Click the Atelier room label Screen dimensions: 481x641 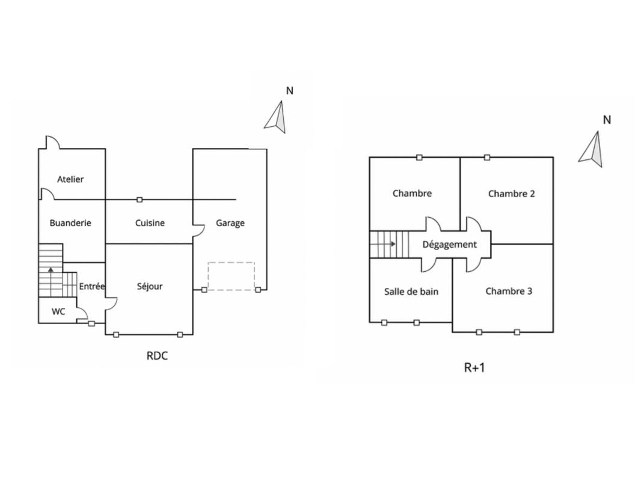[70, 179]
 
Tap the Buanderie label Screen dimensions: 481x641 [70, 223]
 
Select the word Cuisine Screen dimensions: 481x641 [150, 223]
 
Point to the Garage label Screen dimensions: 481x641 [230, 223]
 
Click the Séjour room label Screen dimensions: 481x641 [150, 286]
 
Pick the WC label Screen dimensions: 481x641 [58, 311]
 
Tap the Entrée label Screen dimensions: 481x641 [92, 286]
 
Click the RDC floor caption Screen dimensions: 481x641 [157, 355]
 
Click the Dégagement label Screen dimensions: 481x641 [449, 244]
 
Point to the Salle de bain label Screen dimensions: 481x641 [411, 292]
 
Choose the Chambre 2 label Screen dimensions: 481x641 [511, 194]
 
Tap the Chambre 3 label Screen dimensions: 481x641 [509, 292]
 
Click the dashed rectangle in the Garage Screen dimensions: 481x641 [232, 276]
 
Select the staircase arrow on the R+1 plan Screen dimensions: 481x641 [393, 244]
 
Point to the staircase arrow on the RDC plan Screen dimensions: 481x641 [51, 270]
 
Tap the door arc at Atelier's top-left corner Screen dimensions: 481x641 [51, 142]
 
